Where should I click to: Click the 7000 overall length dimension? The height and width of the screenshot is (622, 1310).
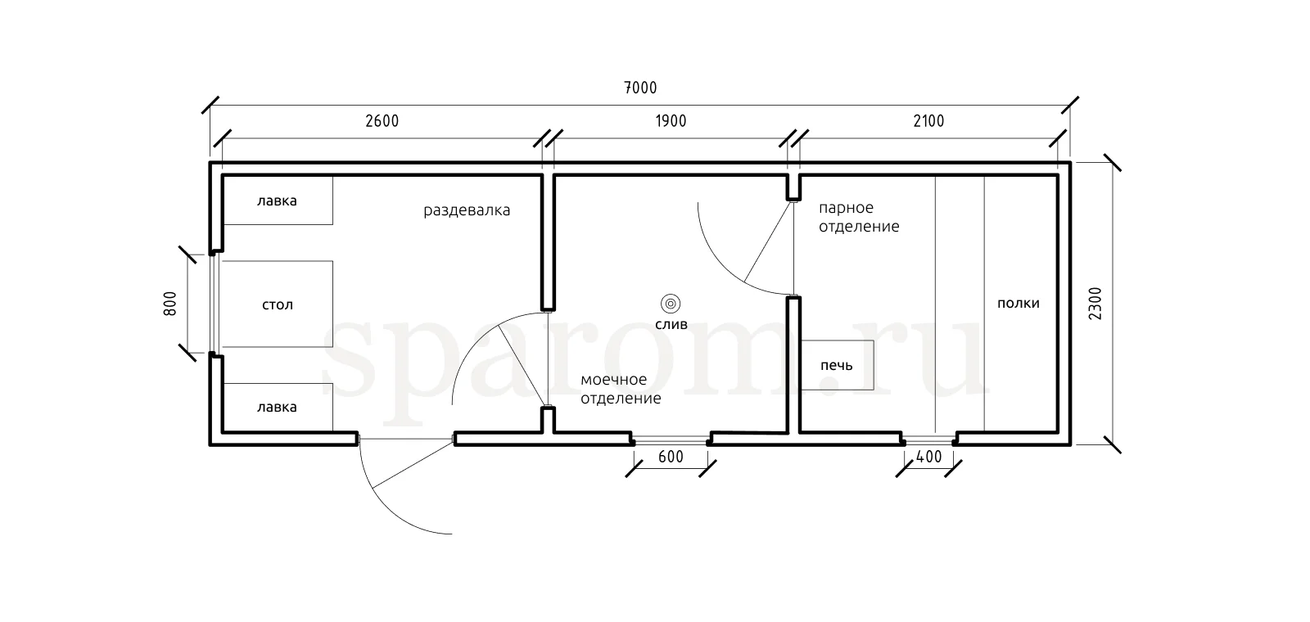pos(641,88)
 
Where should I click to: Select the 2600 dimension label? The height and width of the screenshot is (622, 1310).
pos(382,121)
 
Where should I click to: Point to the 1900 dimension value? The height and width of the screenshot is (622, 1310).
pos(671,121)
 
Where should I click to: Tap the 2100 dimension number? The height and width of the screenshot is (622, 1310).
pos(928,121)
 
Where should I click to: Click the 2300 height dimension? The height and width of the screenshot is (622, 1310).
pos(1095,304)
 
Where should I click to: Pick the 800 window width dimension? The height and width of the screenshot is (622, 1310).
pos(169,304)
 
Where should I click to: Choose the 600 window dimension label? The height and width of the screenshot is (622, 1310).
pos(671,457)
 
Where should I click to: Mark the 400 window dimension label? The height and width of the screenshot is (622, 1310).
pos(928,457)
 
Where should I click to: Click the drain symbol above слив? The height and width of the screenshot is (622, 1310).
pos(671,304)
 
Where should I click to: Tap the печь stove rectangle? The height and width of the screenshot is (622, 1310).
pos(837,365)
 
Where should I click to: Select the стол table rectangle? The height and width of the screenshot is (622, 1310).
pos(278,304)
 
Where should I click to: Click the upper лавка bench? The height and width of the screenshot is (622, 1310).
pos(278,200)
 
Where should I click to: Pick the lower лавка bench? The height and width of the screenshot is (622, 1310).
pos(278,408)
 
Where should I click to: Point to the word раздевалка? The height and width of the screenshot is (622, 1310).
pos(467,210)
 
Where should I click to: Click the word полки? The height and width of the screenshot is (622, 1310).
pos(1019,304)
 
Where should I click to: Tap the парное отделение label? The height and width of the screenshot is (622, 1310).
pos(859,217)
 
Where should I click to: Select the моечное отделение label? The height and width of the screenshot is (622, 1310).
pos(621,389)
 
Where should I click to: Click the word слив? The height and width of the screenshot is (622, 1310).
pos(671,324)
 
